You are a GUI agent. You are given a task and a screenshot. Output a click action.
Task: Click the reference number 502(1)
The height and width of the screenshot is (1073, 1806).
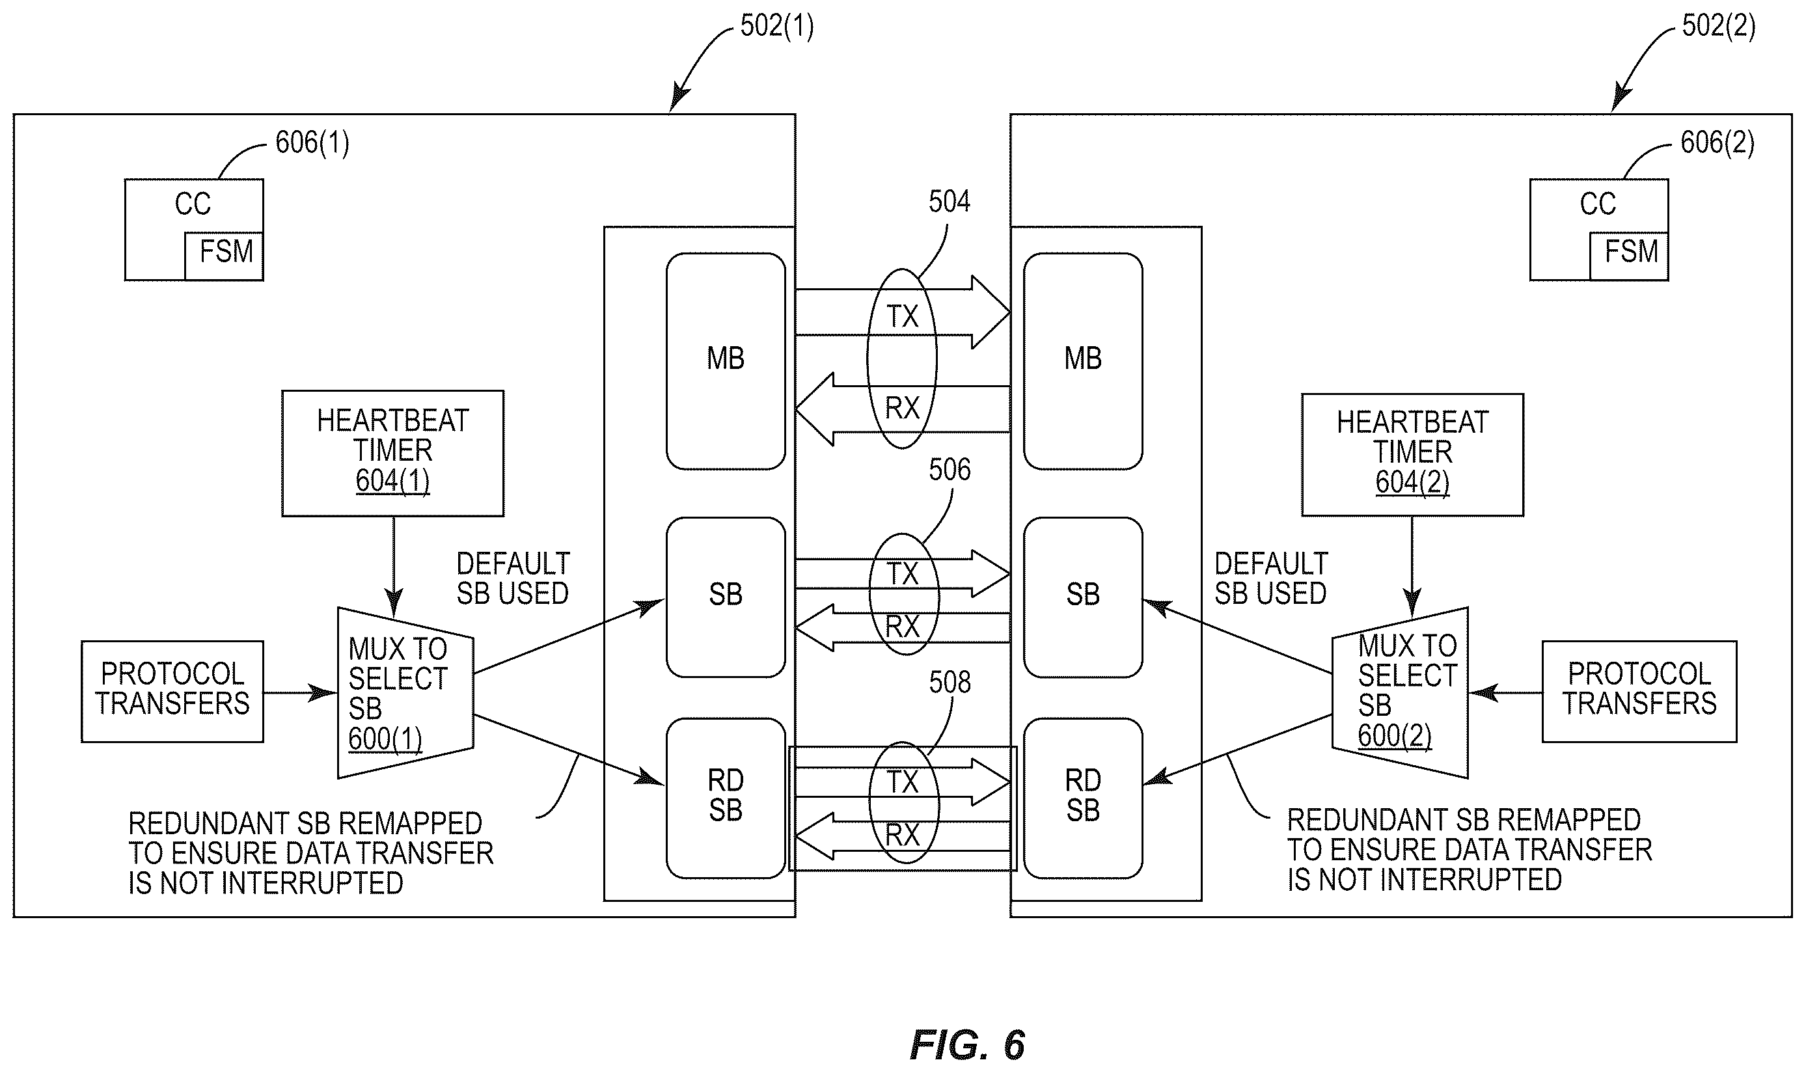coord(776,26)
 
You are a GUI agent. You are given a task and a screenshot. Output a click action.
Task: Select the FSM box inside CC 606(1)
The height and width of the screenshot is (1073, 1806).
coord(224,256)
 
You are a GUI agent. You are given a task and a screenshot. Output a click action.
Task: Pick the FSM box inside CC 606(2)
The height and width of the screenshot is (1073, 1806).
coord(1629,256)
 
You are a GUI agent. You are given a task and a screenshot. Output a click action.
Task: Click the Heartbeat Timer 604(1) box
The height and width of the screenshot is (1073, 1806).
coord(392,454)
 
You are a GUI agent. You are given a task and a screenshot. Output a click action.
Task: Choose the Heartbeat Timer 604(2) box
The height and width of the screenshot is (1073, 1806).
coord(1413,455)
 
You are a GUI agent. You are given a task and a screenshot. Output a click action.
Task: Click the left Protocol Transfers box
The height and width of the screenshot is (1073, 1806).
coord(172,691)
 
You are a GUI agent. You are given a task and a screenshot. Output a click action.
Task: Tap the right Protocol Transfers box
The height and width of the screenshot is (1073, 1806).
coord(1639,691)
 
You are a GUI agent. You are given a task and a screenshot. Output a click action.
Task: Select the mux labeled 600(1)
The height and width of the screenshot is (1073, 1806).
coord(405,693)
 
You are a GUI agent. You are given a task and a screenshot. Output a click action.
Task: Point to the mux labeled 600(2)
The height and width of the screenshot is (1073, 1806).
coord(1400,693)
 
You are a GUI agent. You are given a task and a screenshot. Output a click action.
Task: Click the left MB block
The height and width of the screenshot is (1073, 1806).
coord(726,360)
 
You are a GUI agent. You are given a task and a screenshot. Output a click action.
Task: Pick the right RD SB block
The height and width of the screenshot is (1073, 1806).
coord(1083,798)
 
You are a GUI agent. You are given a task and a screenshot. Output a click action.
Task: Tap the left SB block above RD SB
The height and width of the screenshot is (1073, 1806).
coord(726,597)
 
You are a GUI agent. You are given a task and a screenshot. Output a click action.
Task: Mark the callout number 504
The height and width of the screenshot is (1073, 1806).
coord(950,201)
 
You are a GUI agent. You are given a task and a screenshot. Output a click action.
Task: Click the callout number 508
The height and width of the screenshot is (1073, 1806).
coord(950,682)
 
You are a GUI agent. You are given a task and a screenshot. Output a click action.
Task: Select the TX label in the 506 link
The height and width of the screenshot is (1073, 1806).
coord(902,574)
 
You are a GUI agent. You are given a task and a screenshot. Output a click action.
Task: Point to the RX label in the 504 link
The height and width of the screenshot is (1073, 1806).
coord(902,409)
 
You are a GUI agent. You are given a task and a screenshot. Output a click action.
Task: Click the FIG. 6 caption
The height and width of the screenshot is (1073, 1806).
coord(967,1045)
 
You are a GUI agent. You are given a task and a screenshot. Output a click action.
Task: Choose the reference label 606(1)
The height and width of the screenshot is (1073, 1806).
coord(312,143)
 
